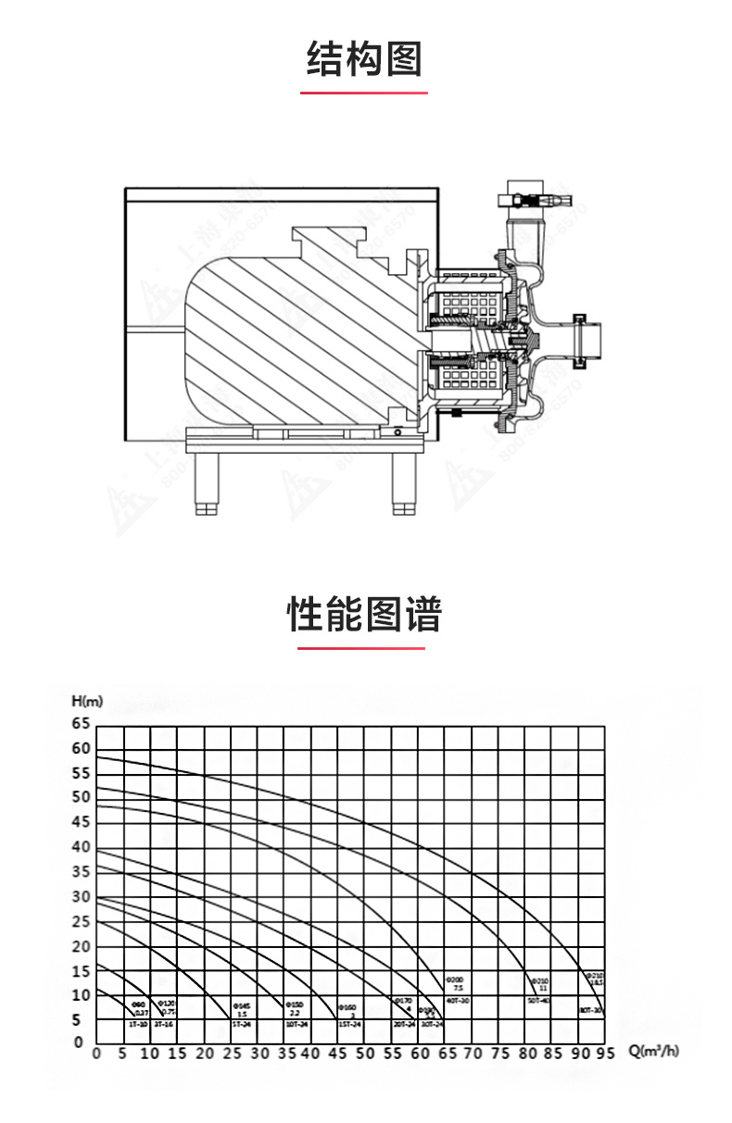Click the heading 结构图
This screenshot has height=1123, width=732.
click(364, 58)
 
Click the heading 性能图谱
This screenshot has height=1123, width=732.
click(364, 614)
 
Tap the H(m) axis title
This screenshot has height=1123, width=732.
click(87, 701)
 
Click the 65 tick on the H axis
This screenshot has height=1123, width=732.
click(82, 724)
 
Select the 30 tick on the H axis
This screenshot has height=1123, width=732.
click(82, 897)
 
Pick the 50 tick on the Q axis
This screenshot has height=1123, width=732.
click(365, 1053)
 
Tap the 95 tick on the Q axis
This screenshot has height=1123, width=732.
click(606, 1053)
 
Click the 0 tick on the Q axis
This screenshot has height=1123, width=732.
click(96, 1053)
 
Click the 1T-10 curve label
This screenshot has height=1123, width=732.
click(137, 1025)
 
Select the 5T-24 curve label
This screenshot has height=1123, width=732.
click(241, 1025)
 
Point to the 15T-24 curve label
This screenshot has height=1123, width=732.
click(349, 1025)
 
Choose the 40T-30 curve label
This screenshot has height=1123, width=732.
click(457, 1001)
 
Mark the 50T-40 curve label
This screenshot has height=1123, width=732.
click(538, 1001)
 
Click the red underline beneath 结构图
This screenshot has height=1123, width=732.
click(364, 93)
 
